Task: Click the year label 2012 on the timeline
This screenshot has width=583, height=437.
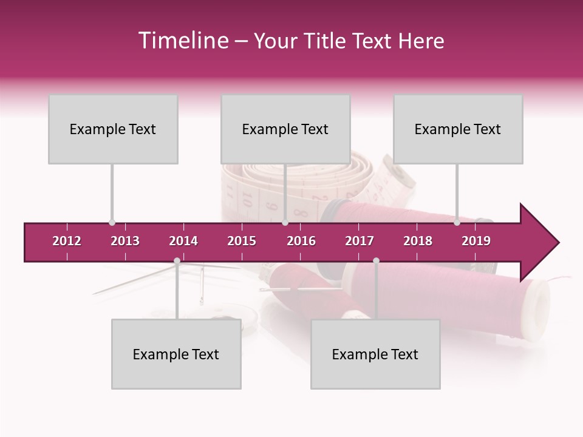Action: coord(67,241)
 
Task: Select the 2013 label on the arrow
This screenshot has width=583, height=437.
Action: coord(125,241)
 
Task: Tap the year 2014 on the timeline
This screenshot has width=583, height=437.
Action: coord(183,241)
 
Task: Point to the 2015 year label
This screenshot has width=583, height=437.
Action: coord(242,241)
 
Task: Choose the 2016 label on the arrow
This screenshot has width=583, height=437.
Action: coord(301,241)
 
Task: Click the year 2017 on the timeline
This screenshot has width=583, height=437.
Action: coord(360,241)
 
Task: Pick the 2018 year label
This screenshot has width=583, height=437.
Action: coord(418,241)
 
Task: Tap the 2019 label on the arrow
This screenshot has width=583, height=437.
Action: coord(476,241)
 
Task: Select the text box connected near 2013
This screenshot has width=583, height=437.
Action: coord(113,129)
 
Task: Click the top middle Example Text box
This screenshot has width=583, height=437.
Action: coord(285,129)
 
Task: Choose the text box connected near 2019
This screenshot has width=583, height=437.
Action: coord(458,129)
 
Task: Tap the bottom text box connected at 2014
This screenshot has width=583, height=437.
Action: coord(176,354)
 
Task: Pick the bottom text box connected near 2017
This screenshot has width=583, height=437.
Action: coord(375,354)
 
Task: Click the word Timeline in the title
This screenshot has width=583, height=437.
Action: coord(182,41)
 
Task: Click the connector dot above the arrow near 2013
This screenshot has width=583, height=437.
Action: coord(112,223)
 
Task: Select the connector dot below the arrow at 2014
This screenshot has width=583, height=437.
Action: coord(177,261)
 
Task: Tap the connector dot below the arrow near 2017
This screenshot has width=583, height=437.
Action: coord(376,261)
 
